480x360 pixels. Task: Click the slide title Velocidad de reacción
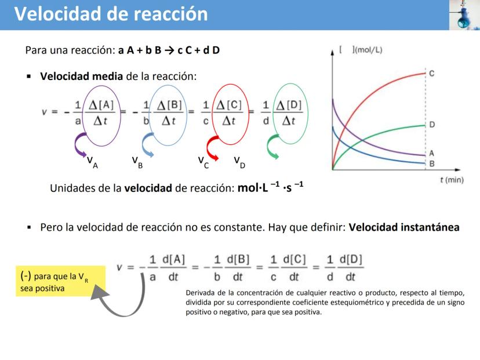[x=111, y=14]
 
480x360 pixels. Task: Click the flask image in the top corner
[x=464, y=15]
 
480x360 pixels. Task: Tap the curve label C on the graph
[x=432, y=74]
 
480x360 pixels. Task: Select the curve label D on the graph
[x=432, y=125]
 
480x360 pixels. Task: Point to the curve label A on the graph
[x=432, y=153]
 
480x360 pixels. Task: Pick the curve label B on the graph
[x=432, y=164]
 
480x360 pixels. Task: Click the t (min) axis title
[x=452, y=180]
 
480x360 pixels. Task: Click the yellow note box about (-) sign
[x=61, y=281]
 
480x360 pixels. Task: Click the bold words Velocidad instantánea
[x=404, y=227]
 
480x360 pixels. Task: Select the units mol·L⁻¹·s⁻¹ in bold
[x=271, y=187]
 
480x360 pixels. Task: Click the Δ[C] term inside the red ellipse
[x=229, y=106]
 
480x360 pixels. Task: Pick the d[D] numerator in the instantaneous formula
[x=351, y=260]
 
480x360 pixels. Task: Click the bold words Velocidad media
[x=81, y=76]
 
